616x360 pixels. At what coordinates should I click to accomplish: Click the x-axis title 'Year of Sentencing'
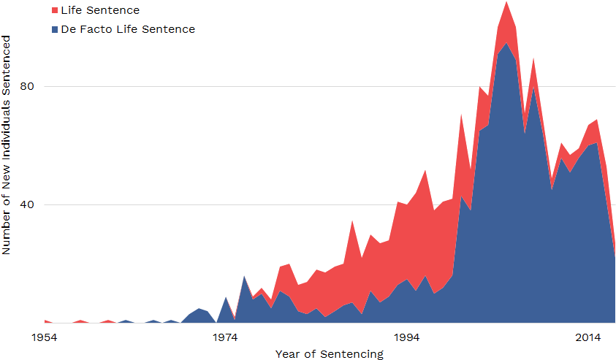pos(329,354)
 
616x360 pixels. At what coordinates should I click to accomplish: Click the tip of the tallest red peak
pos(506,2)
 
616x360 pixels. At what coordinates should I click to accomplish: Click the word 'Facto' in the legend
pos(101,29)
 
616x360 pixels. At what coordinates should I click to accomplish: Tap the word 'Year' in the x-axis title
pos(286,354)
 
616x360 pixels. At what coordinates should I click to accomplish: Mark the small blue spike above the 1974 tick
pos(226,298)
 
